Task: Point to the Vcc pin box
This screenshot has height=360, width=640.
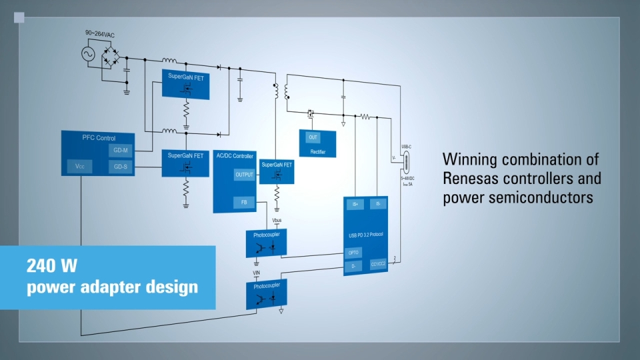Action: click(x=79, y=167)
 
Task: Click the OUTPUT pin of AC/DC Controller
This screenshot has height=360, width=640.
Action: click(x=244, y=175)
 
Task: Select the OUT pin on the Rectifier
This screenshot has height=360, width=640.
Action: click(x=313, y=137)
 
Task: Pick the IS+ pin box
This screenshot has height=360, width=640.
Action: click(x=355, y=205)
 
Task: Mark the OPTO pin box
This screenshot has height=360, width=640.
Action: click(x=353, y=253)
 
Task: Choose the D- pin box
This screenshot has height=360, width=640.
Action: click(x=353, y=265)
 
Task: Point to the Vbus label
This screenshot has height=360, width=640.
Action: click(x=277, y=219)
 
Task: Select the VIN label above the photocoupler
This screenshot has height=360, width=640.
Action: click(x=256, y=273)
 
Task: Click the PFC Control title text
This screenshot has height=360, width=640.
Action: click(x=99, y=138)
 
